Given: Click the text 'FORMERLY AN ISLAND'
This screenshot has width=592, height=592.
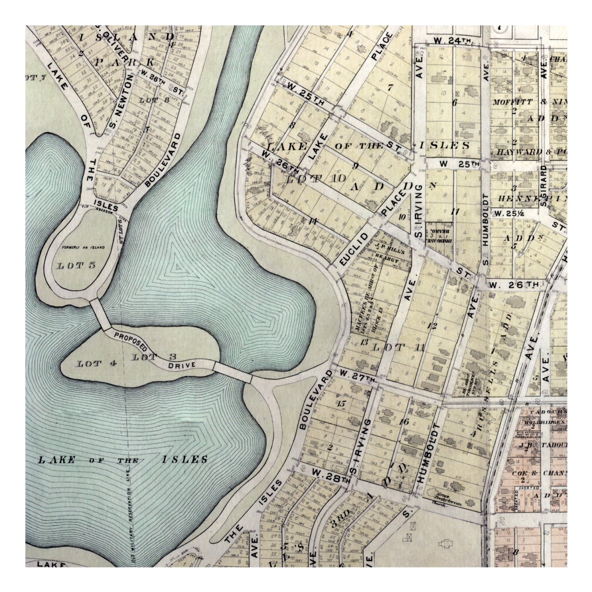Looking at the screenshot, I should [x=83, y=247].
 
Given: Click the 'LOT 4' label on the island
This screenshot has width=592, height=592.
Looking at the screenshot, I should [x=91, y=364].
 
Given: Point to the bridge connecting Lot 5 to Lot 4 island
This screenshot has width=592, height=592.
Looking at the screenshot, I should [x=100, y=314].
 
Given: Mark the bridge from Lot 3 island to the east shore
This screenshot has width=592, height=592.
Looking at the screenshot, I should [x=233, y=372].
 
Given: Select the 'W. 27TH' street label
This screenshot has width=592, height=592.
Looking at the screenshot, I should [x=357, y=373].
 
